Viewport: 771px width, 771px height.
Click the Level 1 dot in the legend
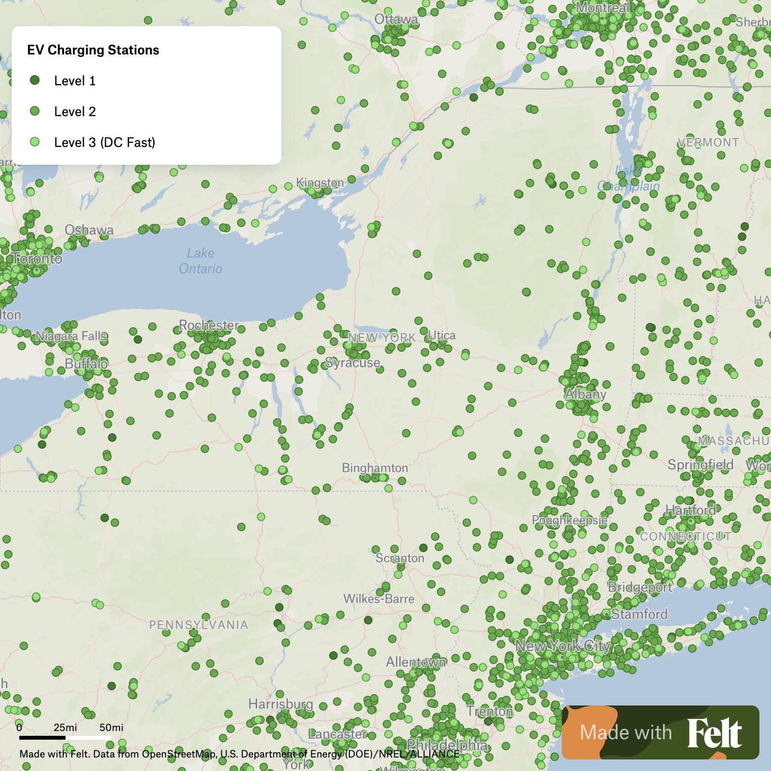coord(35,80)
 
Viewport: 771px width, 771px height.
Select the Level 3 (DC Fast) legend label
coord(105,142)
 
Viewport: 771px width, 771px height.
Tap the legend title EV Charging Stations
coord(93,50)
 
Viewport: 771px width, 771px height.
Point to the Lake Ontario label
coord(200,261)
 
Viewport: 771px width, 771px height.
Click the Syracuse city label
coord(353,363)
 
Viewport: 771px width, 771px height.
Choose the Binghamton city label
coord(375,468)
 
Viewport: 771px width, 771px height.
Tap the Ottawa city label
coord(396,19)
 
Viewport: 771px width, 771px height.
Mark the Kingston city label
coord(320,183)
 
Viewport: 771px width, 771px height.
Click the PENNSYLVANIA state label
coord(199,625)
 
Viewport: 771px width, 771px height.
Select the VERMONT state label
coord(708,143)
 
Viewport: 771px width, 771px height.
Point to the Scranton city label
coord(400,558)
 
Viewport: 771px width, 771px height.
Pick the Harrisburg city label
coord(280,705)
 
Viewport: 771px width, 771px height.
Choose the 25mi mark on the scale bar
coord(65,727)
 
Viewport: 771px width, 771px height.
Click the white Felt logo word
coord(715,733)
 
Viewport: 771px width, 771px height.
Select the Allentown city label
coord(416,663)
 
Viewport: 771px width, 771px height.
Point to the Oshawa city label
coord(89,230)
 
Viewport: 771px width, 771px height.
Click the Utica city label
coord(441,335)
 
